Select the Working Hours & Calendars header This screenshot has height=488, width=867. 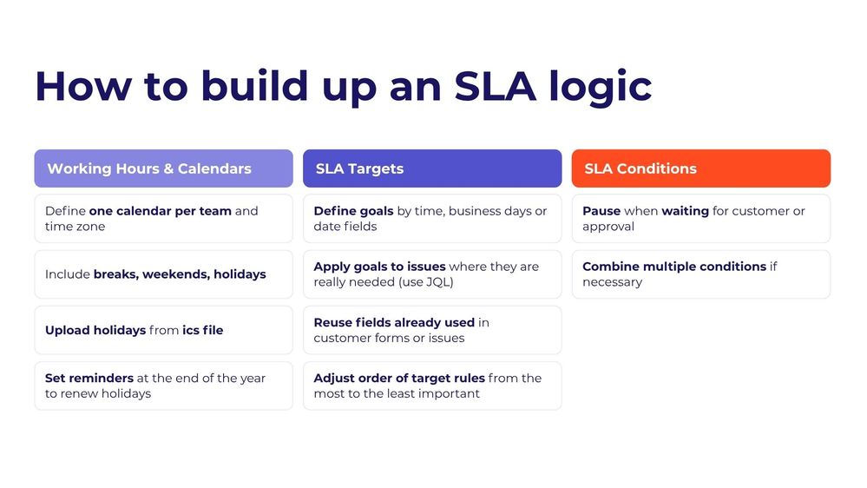[x=149, y=168]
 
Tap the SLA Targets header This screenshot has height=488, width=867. [x=359, y=168]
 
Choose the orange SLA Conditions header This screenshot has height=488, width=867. [x=640, y=168]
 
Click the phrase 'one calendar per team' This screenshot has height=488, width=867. [x=160, y=211]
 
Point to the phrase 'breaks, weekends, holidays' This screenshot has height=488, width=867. [x=180, y=274]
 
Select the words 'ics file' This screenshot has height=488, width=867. [x=202, y=330]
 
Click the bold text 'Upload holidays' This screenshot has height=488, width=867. [x=95, y=330]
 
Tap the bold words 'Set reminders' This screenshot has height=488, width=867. [x=89, y=378]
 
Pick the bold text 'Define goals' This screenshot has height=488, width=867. [x=353, y=211]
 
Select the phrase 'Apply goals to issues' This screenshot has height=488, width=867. [x=379, y=267]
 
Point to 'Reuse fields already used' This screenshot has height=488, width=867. [x=394, y=322]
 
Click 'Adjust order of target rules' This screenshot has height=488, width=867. [x=399, y=378]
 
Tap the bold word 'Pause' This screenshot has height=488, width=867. [x=601, y=211]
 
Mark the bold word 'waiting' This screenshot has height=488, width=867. [x=685, y=211]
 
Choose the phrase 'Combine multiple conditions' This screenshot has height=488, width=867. [x=674, y=267]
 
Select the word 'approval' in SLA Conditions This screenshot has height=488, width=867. [x=608, y=227]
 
